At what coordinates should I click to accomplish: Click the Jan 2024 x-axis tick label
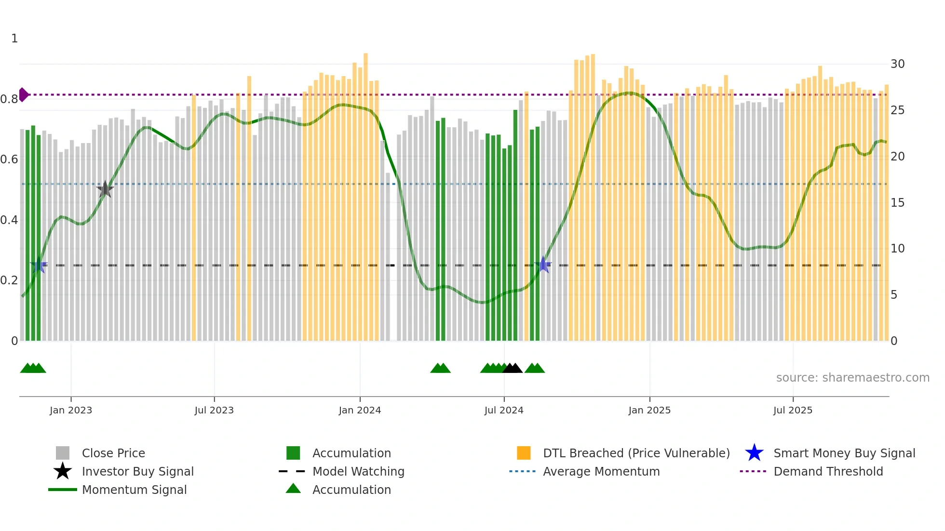pyautogui.click(x=360, y=410)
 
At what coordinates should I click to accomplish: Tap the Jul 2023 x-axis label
pyautogui.click(x=214, y=410)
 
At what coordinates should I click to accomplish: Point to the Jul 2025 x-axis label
pyautogui.click(x=793, y=410)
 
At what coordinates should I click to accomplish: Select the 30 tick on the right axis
pyautogui.click(x=897, y=64)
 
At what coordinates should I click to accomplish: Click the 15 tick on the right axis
pyautogui.click(x=897, y=203)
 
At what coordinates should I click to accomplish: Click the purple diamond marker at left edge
pyautogui.click(x=23, y=94)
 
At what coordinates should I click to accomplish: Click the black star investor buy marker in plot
pyautogui.click(x=105, y=189)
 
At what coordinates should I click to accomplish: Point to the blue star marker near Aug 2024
pyautogui.click(x=543, y=265)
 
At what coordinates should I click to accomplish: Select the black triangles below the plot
pyautogui.click(x=513, y=368)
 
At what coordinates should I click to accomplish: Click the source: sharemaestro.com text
pyautogui.click(x=852, y=378)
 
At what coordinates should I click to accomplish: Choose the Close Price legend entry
pyautogui.click(x=113, y=453)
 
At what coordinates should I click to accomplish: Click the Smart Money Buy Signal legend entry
pyautogui.click(x=844, y=453)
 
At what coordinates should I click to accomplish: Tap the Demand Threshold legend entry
pyautogui.click(x=828, y=471)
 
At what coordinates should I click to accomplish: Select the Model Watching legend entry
pyautogui.click(x=358, y=471)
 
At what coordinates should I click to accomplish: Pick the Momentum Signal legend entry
pyautogui.click(x=134, y=490)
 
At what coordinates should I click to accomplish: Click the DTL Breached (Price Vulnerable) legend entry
pyautogui.click(x=636, y=453)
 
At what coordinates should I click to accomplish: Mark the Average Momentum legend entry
pyautogui.click(x=601, y=471)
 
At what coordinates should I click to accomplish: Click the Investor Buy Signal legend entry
pyautogui.click(x=137, y=471)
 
